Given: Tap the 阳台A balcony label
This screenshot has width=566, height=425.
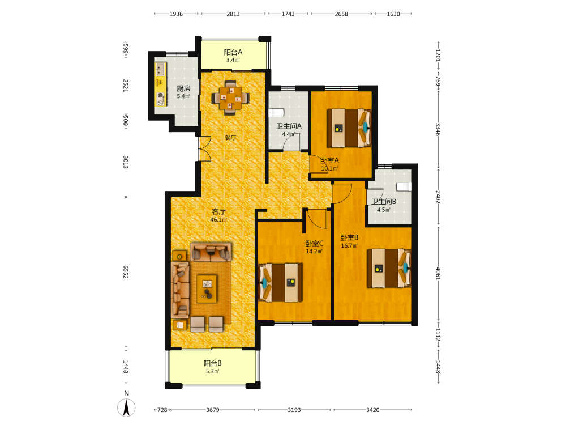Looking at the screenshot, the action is (233, 52).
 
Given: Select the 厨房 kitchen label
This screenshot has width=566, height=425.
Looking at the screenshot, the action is (183, 88).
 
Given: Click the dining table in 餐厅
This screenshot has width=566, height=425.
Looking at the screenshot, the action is (231, 97).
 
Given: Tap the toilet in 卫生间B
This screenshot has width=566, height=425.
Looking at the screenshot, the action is (404, 186).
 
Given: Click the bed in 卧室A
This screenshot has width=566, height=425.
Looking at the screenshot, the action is (349, 128).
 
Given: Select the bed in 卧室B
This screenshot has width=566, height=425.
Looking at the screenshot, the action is (389, 268).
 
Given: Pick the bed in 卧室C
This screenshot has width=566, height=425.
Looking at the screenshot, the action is (281, 283).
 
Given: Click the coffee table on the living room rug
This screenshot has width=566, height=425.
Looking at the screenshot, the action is (207, 289).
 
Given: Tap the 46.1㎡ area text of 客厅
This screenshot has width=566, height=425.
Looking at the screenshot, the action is (218, 220).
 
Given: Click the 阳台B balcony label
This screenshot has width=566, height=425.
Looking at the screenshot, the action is (213, 363).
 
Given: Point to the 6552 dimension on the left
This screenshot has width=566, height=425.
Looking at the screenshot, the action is (125, 272).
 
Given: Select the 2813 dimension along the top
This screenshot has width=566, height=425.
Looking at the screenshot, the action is (233, 14).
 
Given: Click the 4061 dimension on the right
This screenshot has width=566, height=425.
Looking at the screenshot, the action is (438, 274).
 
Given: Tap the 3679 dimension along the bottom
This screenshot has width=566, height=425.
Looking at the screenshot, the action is (213, 410).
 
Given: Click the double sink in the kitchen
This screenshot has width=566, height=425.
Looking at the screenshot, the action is (160, 69).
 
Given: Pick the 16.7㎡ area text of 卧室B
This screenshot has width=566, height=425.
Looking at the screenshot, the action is (349, 246).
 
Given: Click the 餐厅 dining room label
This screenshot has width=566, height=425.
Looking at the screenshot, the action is (231, 137).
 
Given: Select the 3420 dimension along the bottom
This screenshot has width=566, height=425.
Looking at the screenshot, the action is (373, 410).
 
